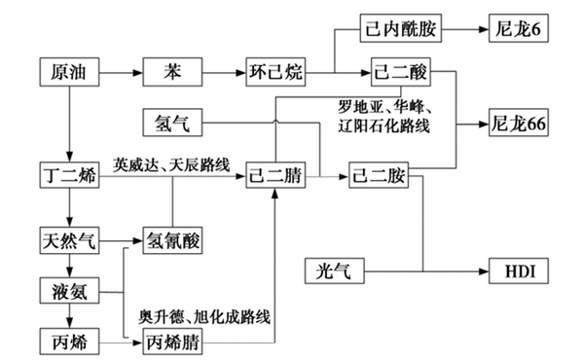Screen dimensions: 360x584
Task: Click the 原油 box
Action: [67, 72]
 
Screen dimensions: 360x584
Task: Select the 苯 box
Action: [172, 72]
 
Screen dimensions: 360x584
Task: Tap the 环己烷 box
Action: [276, 72]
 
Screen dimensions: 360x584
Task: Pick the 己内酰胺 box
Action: [399, 28]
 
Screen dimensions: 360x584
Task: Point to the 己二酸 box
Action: [399, 72]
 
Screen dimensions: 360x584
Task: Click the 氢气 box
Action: [172, 124]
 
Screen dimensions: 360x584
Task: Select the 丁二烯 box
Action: [67, 176]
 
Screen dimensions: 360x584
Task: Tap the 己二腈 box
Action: [276, 176]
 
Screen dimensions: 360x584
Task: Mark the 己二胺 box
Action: [382, 176]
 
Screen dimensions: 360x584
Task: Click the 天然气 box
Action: [67, 238]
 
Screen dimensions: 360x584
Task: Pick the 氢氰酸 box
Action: [172, 238]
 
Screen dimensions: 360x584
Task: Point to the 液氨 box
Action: [67, 290]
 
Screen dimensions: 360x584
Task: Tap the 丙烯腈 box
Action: [172, 342]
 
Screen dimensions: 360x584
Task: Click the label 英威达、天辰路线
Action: [171, 163]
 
